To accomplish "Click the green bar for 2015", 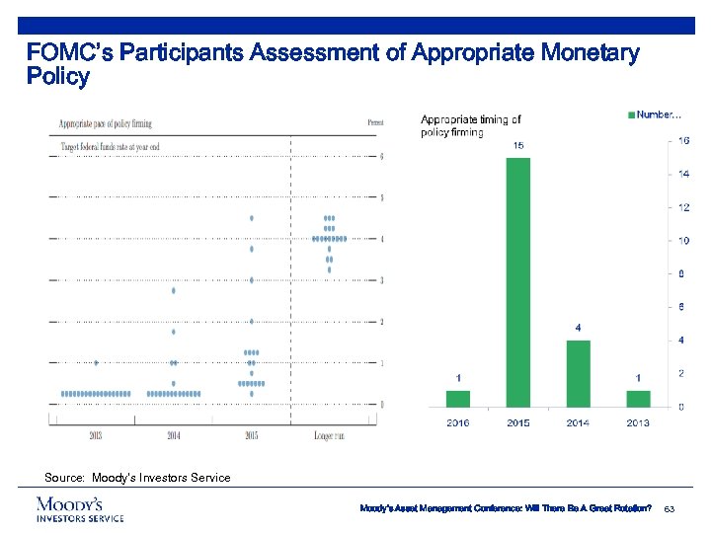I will pos(517,281).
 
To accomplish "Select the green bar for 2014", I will pos(578,373).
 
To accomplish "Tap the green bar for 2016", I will pos(458,398).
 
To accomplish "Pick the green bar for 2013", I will pos(638,398).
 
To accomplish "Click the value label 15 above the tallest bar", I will pos(517,145).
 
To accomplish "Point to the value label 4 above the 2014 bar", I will pos(578,327).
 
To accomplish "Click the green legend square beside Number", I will pos(631,115).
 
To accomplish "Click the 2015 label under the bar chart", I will pos(517,423).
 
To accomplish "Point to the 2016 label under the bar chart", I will pos(458,423).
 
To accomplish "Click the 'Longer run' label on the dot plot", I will pos(329,435).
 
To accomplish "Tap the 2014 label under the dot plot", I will pos(174,435).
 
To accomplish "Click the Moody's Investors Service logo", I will pos(80,509).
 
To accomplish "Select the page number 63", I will pos(669,508).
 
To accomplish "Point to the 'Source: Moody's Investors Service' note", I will pos(137,478).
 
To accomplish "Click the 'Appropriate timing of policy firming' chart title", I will pos(471,125).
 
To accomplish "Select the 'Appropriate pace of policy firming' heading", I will pos(106,123).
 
